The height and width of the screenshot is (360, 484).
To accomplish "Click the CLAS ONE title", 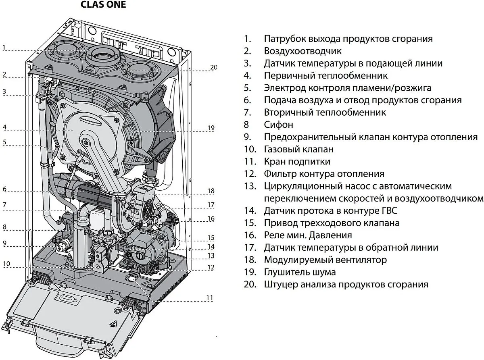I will pos(103,5).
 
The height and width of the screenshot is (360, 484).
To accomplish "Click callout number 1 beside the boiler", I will pos(4,47).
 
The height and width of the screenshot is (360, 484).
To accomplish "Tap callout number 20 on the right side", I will pos(214,67).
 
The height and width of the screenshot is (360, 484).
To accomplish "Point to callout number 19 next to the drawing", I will pos(211,128).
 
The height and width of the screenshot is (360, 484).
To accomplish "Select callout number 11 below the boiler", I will pos(209,298).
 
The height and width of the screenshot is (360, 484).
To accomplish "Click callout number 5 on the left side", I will pos(4,142).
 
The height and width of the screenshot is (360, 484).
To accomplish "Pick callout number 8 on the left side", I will pos(4,227).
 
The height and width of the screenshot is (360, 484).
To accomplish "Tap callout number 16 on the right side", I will pos(211,218).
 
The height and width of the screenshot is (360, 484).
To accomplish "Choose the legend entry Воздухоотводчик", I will pos(302,51).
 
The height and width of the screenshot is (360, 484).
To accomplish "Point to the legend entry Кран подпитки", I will pos(297,162).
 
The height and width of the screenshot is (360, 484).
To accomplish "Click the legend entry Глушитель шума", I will pos(300,272).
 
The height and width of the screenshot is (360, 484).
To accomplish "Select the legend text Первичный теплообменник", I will pos(326,76).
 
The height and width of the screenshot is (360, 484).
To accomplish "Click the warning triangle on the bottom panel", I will pos(114,323).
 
